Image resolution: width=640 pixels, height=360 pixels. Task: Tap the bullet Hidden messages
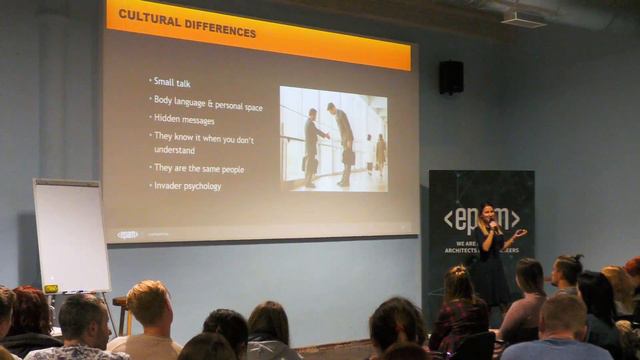tap(184, 119)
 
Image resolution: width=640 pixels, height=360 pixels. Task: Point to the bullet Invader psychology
tap(187, 186)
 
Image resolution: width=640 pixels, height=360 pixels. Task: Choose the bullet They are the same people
tap(198, 168)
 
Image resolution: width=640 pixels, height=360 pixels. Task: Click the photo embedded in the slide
tap(333, 138)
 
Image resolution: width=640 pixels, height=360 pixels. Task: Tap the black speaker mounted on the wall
tap(451, 77)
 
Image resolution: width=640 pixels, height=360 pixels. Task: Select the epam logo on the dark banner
tap(481, 219)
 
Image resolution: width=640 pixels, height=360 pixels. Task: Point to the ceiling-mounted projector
tap(523, 18)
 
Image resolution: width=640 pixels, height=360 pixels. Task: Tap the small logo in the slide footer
tap(127, 235)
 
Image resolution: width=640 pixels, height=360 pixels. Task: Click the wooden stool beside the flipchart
tap(120, 311)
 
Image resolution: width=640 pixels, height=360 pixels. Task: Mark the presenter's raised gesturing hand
tap(519, 233)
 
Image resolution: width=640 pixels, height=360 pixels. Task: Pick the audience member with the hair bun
tap(566, 270)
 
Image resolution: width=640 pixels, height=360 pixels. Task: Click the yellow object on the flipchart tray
tap(50, 289)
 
